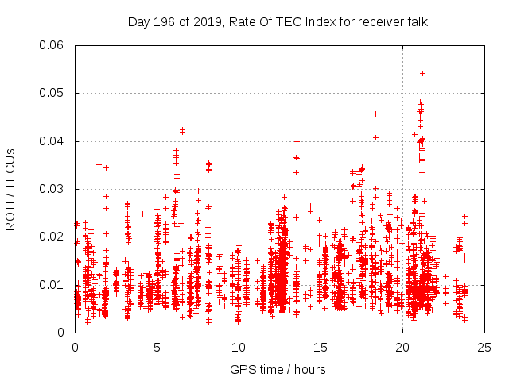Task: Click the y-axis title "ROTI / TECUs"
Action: (x=11, y=189)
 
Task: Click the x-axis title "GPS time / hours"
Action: (x=278, y=369)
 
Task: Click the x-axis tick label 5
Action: (x=157, y=347)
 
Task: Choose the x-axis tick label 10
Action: (x=239, y=347)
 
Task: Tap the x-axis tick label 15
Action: (x=321, y=347)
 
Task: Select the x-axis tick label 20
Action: (x=402, y=347)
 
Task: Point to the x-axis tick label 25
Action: (x=484, y=347)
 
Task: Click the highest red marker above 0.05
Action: (x=422, y=73)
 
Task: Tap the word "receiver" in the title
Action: (x=375, y=22)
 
